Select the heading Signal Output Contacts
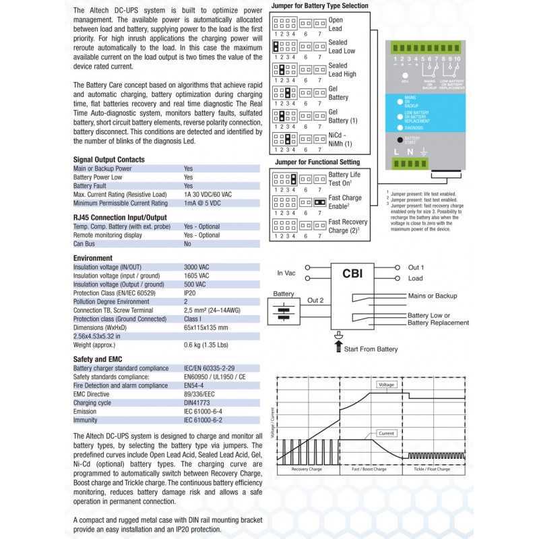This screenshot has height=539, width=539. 109,160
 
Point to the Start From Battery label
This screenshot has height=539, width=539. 371,349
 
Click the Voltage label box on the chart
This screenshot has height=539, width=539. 386,384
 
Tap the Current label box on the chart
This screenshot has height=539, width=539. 386,433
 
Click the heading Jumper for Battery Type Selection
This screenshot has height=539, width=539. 319,5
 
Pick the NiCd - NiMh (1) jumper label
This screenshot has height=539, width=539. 341,139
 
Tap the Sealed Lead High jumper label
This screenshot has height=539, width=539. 342,69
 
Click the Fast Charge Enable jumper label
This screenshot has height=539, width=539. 345,202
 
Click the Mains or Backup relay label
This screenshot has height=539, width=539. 432,296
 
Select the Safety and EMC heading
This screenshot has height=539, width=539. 98,359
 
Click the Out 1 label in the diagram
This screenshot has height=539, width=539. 416,267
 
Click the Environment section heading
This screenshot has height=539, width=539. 93,258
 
